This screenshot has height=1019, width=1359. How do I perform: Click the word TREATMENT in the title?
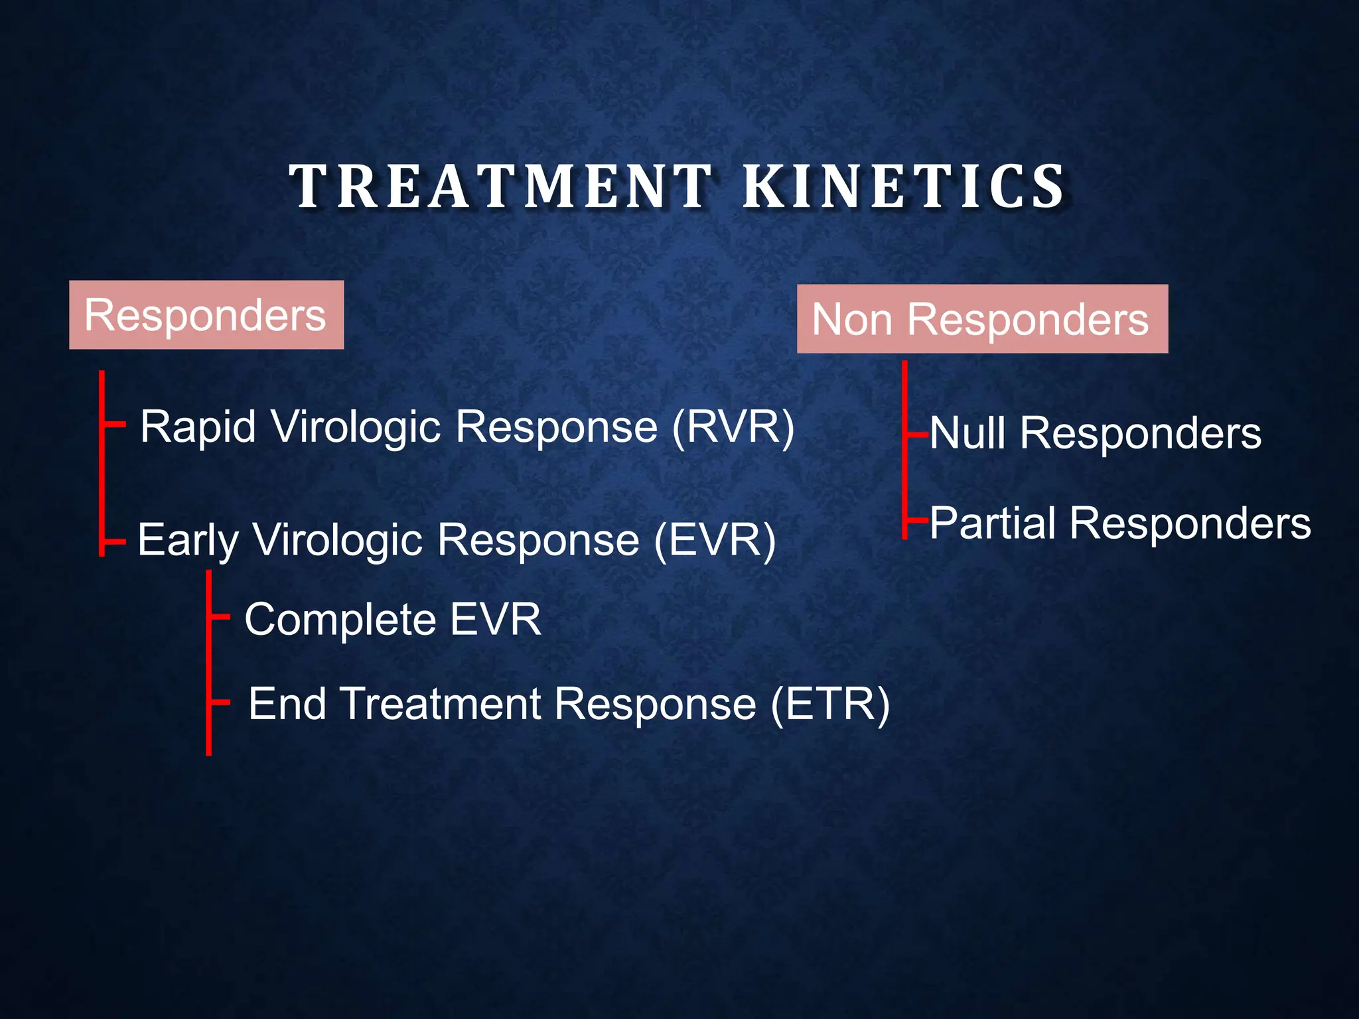[x=501, y=186]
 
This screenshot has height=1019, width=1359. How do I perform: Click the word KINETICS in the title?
[x=903, y=186]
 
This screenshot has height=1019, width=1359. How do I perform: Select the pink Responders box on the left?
[x=206, y=315]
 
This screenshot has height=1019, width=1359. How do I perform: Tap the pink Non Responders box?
[x=982, y=319]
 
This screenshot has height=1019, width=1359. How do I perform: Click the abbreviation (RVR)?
[x=733, y=427]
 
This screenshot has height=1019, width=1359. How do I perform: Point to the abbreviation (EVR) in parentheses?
[x=715, y=540]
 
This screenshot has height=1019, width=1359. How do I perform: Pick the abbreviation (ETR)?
[x=829, y=704]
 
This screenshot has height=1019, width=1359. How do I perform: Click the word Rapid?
[x=198, y=427]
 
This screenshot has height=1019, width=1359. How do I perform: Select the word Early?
[x=188, y=540]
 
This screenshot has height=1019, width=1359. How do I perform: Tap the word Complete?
[x=340, y=620]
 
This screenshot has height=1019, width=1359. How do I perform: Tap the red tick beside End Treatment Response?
[x=219, y=701]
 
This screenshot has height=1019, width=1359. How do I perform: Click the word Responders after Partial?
[x=1190, y=523]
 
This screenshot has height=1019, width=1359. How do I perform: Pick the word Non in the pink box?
[x=851, y=320]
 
